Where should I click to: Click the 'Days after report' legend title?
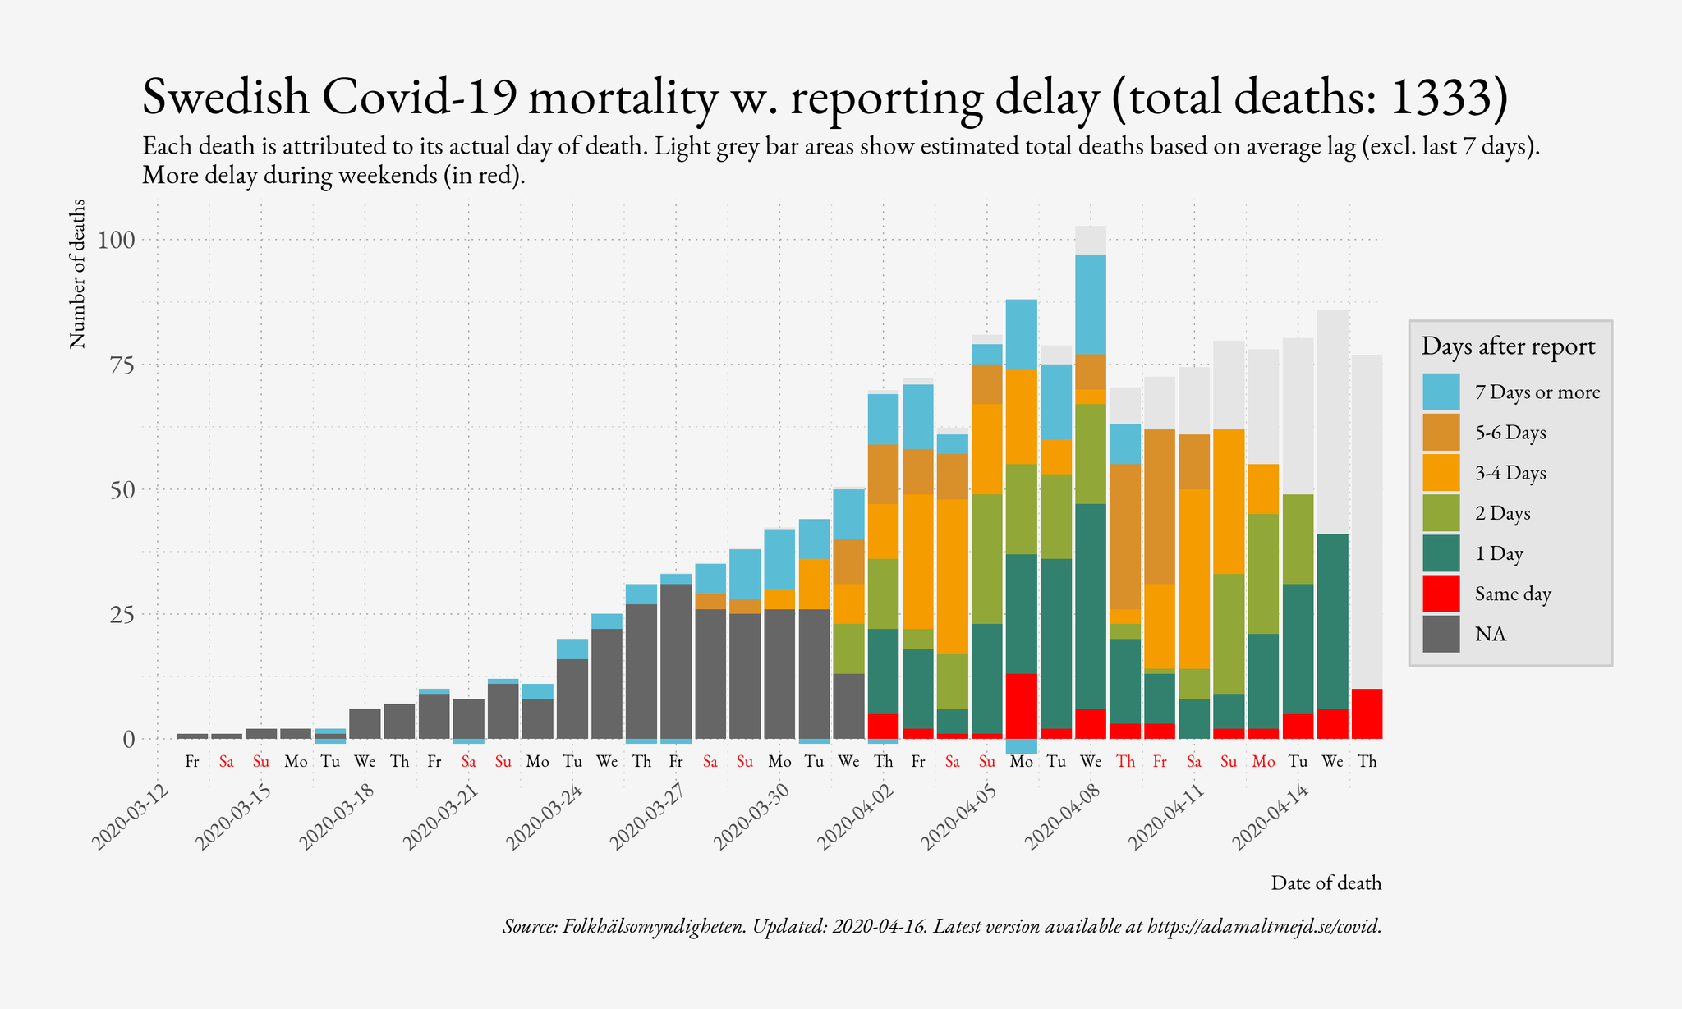1508,346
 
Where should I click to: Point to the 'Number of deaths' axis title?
77,273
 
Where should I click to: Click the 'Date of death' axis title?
1326,883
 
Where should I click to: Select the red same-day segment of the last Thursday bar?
1367,713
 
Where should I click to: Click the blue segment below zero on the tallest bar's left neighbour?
1021,746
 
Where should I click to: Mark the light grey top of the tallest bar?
1091,240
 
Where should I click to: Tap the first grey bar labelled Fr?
192,736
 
